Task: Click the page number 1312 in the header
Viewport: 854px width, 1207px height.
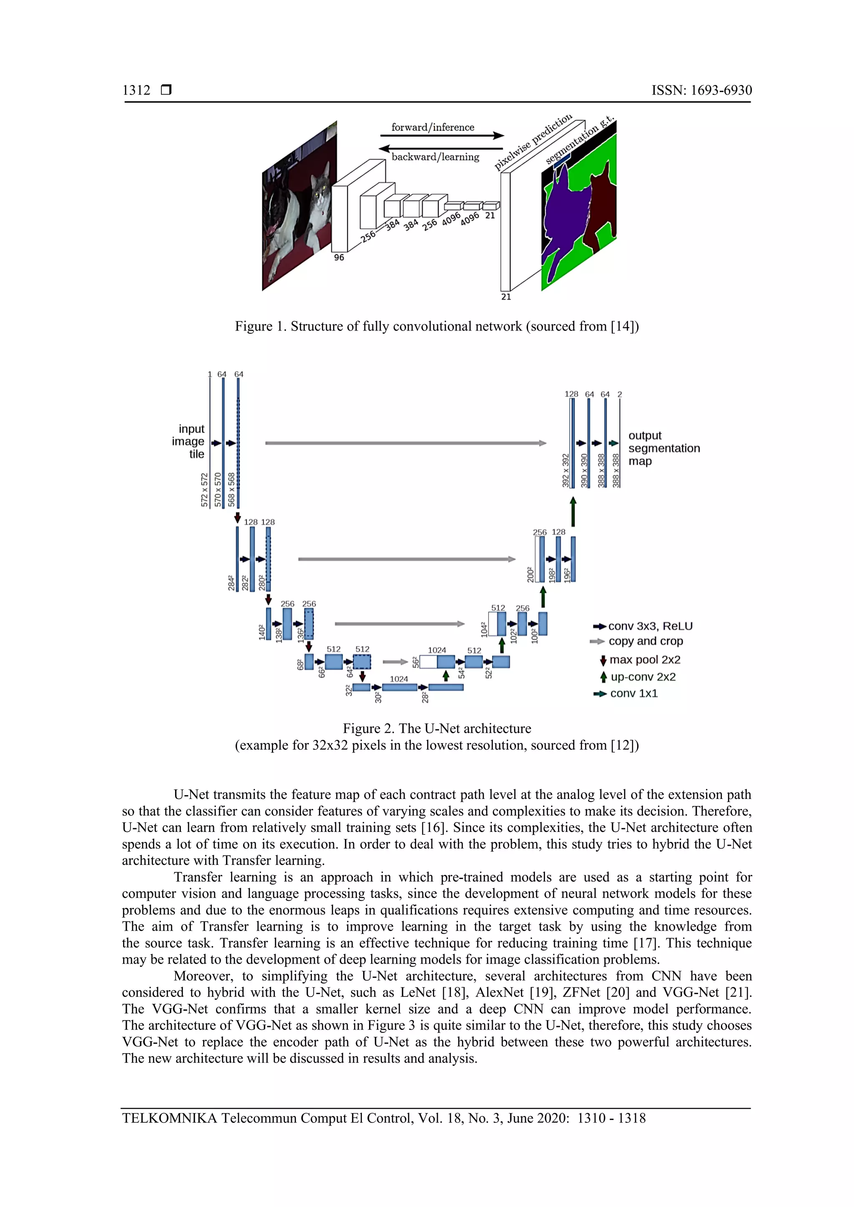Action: coord(136,90)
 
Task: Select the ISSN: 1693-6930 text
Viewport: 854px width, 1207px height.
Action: coord(701,90)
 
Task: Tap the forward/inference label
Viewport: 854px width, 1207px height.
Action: coord(432,127)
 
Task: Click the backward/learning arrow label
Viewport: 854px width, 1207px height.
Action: coord(435,157)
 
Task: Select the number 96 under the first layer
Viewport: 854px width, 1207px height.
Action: coord(339,258)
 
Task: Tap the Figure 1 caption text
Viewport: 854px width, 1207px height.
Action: coord(437,326)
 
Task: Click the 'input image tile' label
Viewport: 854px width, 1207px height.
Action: coord(189,442)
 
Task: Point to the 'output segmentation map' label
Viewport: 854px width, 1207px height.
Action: coord(663,448)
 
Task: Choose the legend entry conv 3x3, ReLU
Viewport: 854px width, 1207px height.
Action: coord(650,626)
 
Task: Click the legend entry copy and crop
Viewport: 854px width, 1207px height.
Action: coord(645,641)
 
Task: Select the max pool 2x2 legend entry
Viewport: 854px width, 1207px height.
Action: coord(645,660)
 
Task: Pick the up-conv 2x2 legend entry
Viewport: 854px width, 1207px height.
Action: coord(643,677)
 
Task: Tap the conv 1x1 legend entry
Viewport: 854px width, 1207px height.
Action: coord(634,694)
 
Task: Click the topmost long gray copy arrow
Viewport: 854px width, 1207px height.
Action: coord(405,443)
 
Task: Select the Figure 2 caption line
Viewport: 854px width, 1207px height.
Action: coord(437,729)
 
